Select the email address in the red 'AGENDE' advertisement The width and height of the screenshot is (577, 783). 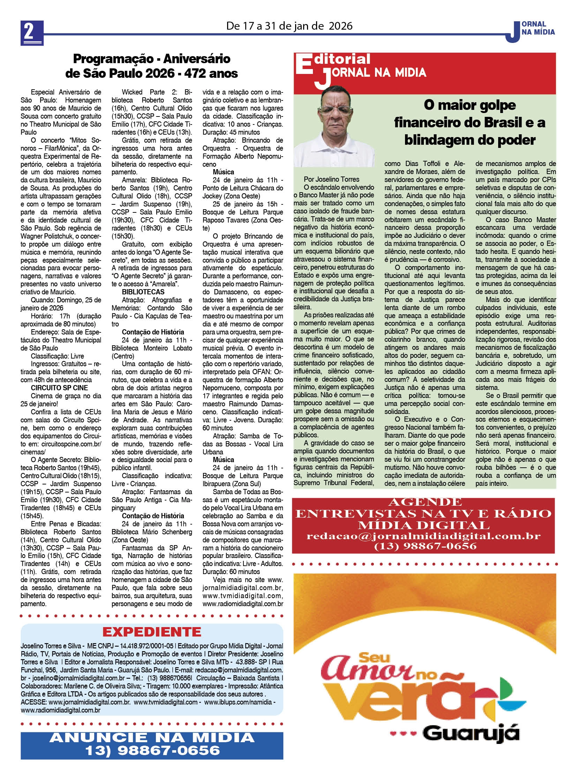coord(423,536)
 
